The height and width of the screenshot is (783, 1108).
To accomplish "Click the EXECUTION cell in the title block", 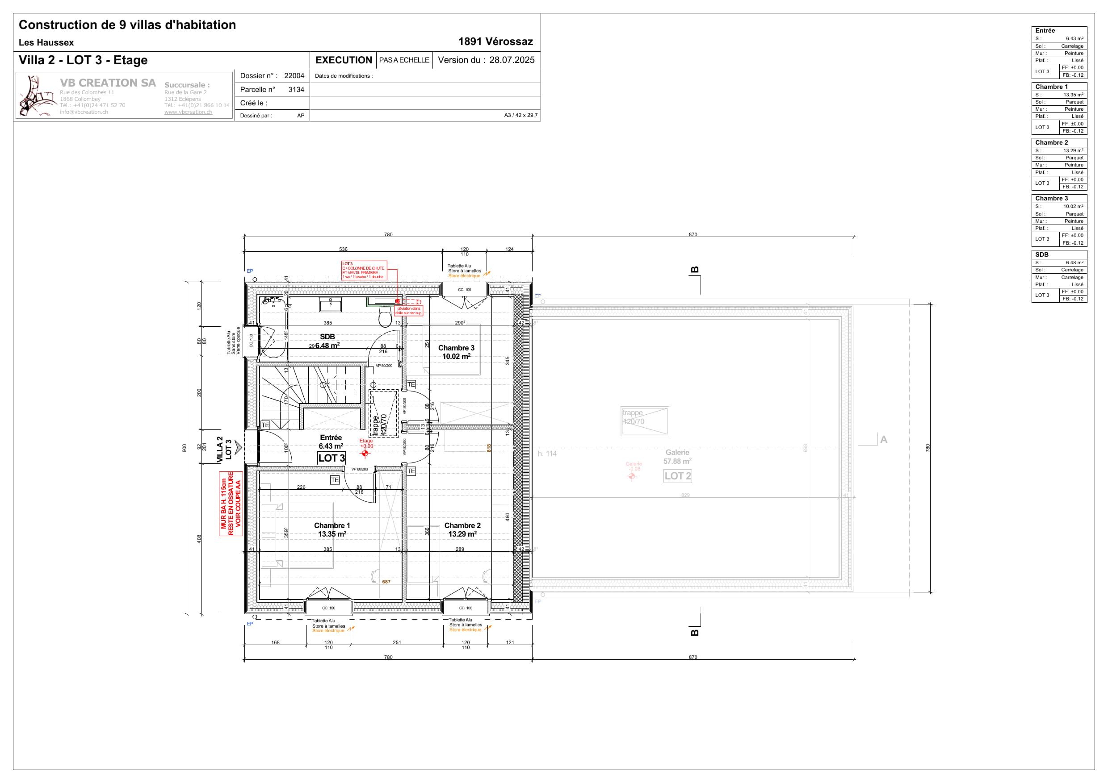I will click(x=343, y=60).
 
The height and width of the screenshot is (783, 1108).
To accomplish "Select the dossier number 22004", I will click(x=294, y=76).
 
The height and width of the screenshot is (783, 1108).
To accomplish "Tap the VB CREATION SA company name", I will click(x=108, y=83).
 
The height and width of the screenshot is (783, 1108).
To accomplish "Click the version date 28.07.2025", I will click(x=512, y=60).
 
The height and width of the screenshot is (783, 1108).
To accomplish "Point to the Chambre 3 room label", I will click(x=456, y=348).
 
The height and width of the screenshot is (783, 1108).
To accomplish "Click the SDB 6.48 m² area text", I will click(x=327, y=346).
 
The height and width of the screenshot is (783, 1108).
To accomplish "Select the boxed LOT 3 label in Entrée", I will click(x=332, y=458).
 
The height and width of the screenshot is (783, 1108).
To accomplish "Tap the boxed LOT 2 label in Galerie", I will click(x=678, y=476).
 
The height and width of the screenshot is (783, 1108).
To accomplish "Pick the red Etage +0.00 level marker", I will click(x=366, y=446).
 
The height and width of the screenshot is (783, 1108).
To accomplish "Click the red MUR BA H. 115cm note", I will click(x=231, y=504).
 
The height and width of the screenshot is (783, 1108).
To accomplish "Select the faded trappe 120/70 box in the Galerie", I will click(x=644, y=421).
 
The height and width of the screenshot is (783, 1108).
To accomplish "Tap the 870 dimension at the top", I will click(x=692, y=234).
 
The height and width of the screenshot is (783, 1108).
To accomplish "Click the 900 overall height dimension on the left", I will click(x=185, y=448).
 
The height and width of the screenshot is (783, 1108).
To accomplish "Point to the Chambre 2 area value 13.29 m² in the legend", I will click(x=1073, y=150).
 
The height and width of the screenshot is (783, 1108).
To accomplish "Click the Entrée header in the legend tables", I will click(x=1045, y=30).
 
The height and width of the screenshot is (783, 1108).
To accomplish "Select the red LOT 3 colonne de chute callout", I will click(x=364, y=271).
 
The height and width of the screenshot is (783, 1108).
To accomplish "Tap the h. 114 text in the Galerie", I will click(x=547, y=454).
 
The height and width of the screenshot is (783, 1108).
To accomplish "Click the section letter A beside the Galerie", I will click(x=883, y=439).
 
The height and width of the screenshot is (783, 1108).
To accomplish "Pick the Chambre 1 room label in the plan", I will click(x=332, y=525).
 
